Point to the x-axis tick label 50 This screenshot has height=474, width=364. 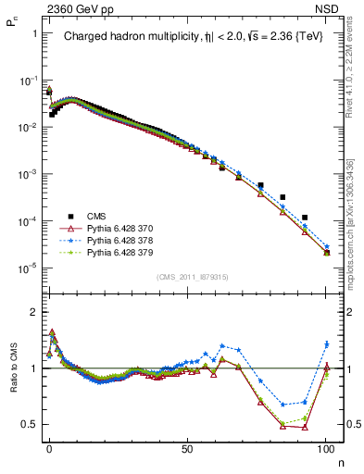click(187, 445)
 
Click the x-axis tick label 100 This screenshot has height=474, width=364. click(325, 445)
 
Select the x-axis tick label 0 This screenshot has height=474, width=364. click(49, 445)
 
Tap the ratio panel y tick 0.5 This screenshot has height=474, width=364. click(31, 424)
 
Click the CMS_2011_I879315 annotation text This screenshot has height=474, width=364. click(188, 277)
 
